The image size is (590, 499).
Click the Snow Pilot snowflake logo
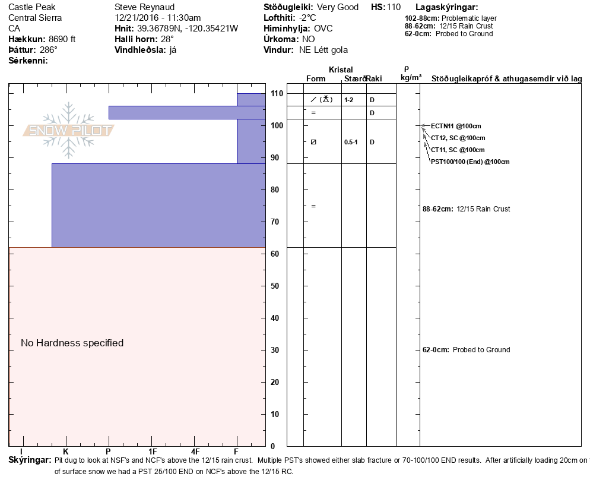[69, 130]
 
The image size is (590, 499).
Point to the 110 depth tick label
[277, 94]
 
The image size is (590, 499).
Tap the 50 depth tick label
[274, 286]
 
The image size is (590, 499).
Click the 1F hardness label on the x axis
[152, 452]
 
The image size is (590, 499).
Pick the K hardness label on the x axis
[66, 452]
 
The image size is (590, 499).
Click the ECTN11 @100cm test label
[456, 126]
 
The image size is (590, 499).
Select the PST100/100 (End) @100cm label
[470, 162]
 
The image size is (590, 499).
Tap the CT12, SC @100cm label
[458, 138]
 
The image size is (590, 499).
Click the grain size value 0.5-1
[351, 143]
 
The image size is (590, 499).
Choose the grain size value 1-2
[349, 100]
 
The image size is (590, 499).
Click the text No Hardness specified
[72, 343]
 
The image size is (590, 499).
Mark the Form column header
[316, 78]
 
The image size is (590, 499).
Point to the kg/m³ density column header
[411, 78]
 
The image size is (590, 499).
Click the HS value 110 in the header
[394, 7]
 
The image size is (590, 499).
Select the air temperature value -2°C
[307, 18]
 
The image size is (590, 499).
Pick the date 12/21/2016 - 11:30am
[157, 18]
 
